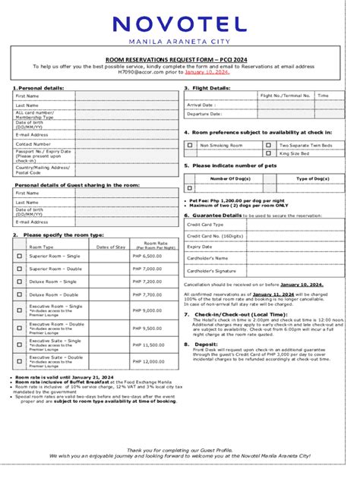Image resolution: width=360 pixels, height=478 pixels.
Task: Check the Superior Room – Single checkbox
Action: point(20,256)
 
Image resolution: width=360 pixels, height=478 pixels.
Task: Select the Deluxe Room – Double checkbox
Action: point(20,294)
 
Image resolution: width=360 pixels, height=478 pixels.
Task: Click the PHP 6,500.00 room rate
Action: point(147,256)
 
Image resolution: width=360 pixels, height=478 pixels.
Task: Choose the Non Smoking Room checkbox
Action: point(190,144)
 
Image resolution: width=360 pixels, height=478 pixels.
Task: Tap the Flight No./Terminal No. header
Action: point(286,96)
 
